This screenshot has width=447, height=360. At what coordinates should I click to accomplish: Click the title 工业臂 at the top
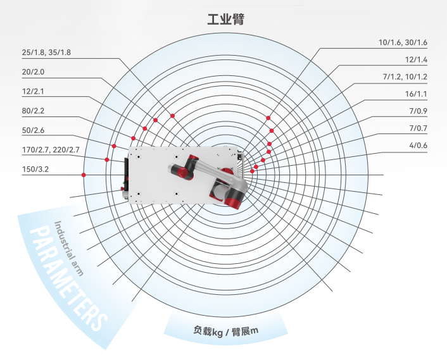coord(225,19)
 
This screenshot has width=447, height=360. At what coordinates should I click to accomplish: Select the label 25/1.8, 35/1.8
coord(46,53)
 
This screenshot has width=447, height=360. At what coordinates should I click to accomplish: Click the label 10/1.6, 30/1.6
coord(403,42)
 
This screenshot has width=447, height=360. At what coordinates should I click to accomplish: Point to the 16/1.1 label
coord(416,94)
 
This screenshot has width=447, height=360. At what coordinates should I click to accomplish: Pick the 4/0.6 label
coord(417,147)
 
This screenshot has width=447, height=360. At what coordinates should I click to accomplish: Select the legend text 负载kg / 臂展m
coord(227,331)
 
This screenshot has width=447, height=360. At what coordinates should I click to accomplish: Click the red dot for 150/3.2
coord(84,175)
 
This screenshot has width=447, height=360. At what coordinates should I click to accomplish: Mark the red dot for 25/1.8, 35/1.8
coord(172,115)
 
